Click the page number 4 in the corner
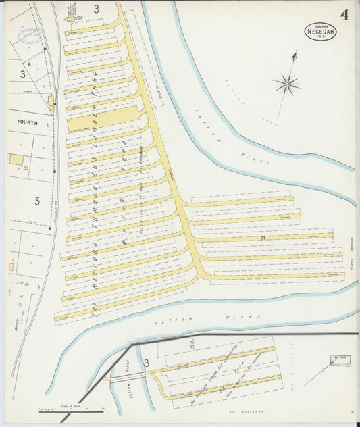pyautogui.click(x=344, y=15)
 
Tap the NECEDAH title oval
pyautogui.click(x=320, y=32)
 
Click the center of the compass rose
pyautogui.click(x=287, y=84)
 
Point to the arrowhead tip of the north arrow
pyautogui.click(x=294, y=52)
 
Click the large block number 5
pyautogui.click(x=37, y=201)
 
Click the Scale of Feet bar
pyautogui.click(x=71, y=410)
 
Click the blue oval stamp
pyautogui.click(x=29, y=35)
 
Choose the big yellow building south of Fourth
pyautogui.click(x=16, y=159)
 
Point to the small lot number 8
pyautogui.click(x=30, y=64)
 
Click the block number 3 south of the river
pyautogui.click(x=146, y=363)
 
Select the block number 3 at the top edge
pyautogui.click(x=96, y=9)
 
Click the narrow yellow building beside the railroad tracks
pyautogui.click(x=51, y=103)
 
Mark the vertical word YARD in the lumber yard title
pyautogui.click(x=94, y=82)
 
